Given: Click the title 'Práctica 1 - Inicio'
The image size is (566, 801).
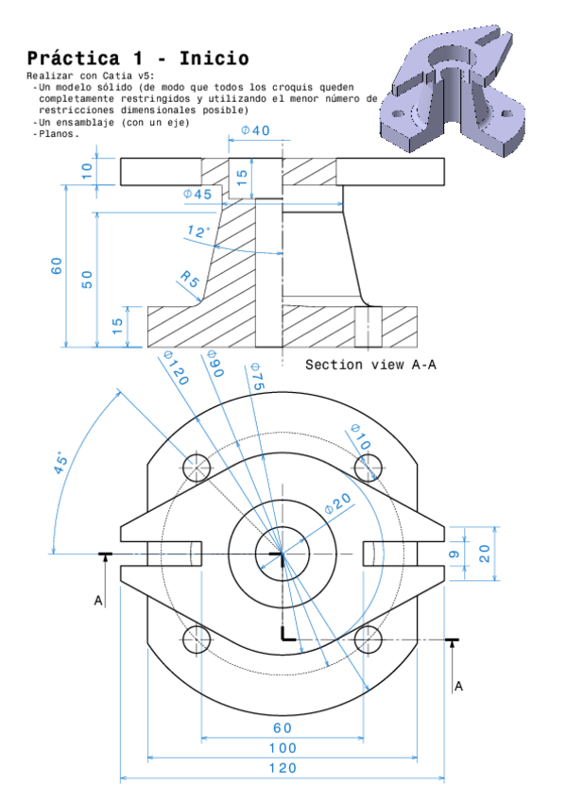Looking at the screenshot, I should tap(138, 59).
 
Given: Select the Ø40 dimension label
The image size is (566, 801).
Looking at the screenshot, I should tap(255, 130).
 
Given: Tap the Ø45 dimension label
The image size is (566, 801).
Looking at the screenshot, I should tap(197, 194).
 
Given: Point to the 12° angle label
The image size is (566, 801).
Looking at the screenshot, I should tap(197, 231).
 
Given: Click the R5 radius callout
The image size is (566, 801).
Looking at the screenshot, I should tap(190, 280).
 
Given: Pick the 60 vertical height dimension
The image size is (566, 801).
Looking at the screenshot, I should tap(58, 265).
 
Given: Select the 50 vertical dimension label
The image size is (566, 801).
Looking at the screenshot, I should tap(87, 279).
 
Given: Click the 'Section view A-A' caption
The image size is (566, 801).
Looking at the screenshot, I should tap(370, 365).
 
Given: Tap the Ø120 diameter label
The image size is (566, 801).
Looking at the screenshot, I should tap(176, 367).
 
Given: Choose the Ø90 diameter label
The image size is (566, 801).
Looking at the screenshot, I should tap(214, 366).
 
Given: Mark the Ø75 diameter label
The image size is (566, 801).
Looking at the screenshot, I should tap(255, 377).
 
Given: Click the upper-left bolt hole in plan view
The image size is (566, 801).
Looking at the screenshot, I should tap(197, 466).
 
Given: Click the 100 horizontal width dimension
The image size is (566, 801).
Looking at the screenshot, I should tap(282, 748).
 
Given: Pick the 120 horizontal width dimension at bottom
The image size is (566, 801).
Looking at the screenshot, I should tap(282, 769).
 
